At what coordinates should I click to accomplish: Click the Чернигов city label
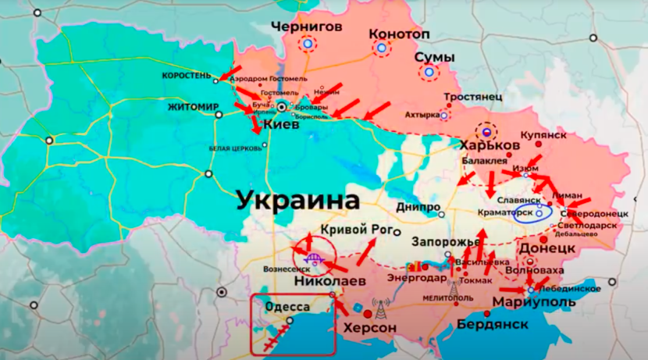pos(306,27)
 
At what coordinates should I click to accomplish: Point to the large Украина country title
pos(297,200)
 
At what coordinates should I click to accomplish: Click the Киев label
pos(280,125)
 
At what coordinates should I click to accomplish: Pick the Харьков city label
pos(490,146)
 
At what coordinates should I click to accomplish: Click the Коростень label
pos(187,76)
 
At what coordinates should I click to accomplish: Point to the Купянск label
pos(543,134)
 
